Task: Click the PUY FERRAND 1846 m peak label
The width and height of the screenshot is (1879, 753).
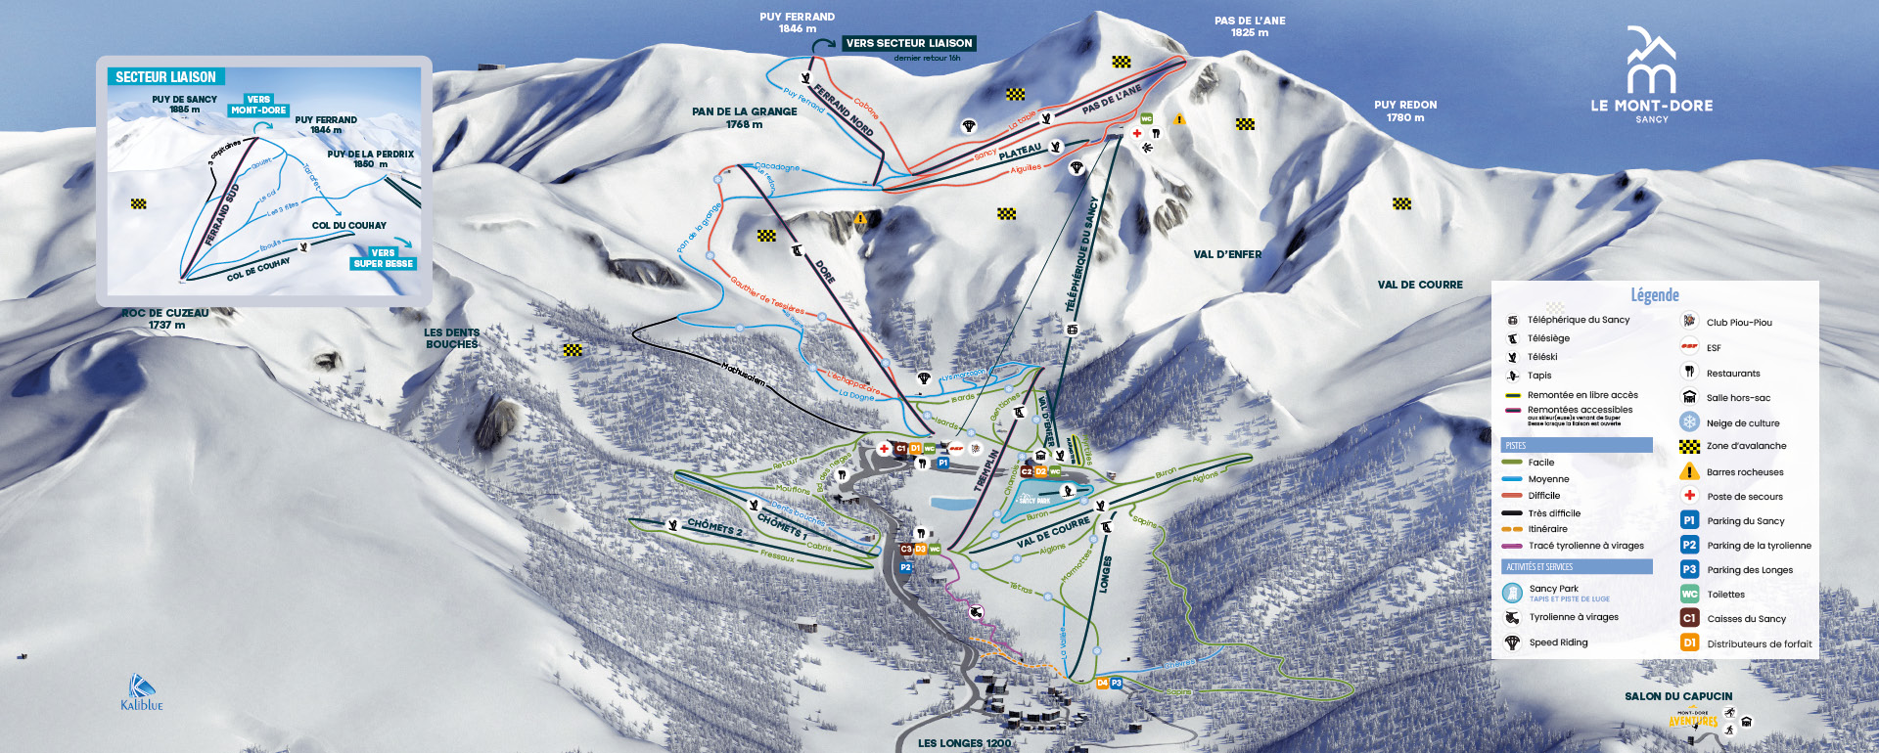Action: coord(797,22)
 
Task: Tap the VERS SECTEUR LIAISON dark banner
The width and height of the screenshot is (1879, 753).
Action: coord(909,43)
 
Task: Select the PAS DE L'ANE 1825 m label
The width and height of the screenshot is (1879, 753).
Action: coord(1250,26)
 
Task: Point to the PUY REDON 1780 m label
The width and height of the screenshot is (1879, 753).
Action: coord(1405,111)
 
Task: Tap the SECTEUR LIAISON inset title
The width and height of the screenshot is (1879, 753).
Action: coord(166,76)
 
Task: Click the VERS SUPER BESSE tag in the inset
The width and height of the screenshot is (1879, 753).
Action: coord(384,258)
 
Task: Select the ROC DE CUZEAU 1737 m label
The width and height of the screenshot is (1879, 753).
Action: coord(164,319)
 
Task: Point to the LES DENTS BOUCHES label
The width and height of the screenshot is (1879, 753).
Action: coord(451,338)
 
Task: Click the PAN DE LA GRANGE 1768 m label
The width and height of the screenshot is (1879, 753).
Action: coord(744,117)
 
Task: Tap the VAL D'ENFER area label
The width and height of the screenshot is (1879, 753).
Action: coord(1226,254)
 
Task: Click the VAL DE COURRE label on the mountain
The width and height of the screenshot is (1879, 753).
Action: coord(1419,285)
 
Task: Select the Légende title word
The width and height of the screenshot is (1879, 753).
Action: coord(1654,294)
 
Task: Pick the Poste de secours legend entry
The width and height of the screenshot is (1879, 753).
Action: coord(1744,497)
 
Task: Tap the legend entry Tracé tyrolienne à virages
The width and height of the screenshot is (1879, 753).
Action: coord(1585,546)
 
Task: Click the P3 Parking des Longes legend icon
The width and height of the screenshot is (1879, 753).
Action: coord(1689,569)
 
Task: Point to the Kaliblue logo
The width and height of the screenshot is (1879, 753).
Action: coord(142,692)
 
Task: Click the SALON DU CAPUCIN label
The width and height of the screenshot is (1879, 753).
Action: coord(1678,696)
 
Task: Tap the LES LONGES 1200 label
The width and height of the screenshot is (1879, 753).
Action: coord(964,743)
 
